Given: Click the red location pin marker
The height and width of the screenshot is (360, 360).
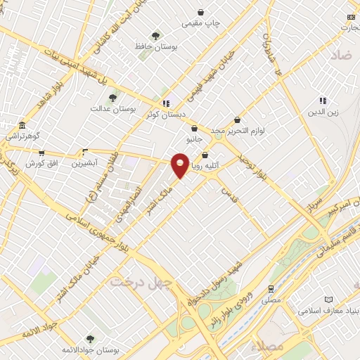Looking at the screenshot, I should [180, 164].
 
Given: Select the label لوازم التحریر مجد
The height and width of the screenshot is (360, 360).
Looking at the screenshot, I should [240, 131].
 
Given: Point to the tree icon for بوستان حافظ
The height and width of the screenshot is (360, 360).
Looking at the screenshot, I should [155, 35].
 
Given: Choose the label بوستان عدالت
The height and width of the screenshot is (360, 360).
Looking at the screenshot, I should [112, 109].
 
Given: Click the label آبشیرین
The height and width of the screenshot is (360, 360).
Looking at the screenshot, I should [85, 163].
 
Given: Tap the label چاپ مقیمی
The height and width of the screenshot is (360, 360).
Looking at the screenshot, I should [201, 23].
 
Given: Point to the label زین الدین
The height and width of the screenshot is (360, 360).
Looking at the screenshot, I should [323, 111].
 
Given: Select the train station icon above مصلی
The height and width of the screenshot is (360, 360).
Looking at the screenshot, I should [271, 288].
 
